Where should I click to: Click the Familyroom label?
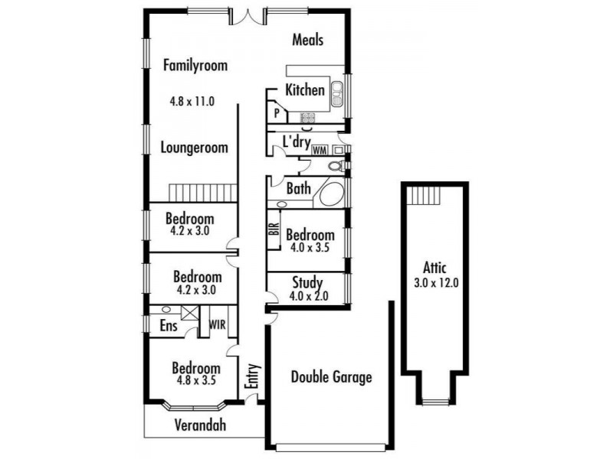[195, 66]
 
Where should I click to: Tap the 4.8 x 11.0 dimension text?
[192, 100]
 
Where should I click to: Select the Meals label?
[308, 40]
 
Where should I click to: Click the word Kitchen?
[305, 90]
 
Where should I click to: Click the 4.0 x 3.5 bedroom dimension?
[310, 248]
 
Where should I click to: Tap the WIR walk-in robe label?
[218, 324]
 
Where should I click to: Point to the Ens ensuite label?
[169, 326]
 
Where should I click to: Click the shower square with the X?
[188, 312]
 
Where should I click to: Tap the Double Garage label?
[331, 377]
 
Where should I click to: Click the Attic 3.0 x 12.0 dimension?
[434, 282]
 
